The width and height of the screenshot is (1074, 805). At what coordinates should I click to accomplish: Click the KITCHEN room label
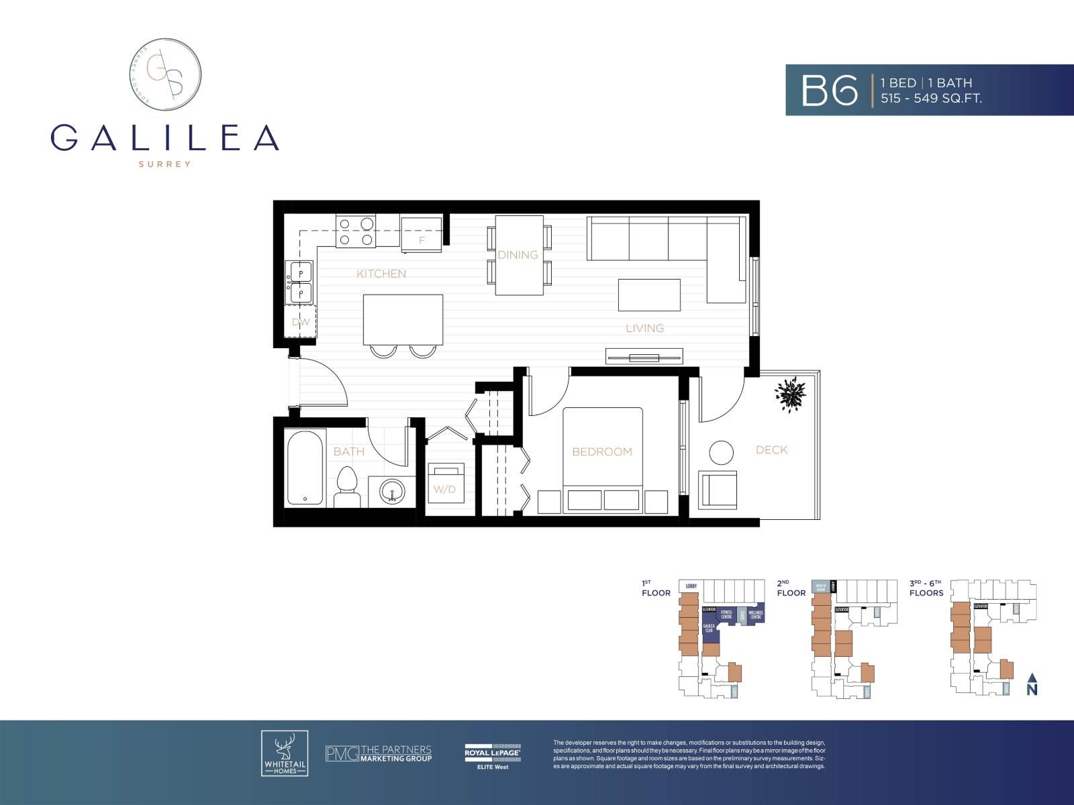coord(381,274)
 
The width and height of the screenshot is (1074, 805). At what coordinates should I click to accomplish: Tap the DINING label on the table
coord(518,255)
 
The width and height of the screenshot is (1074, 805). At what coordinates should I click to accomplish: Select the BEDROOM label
coord(601,451)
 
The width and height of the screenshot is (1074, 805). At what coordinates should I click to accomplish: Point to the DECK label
coord(771,450)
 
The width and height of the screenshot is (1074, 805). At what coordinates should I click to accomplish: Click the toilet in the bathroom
coord(346,486)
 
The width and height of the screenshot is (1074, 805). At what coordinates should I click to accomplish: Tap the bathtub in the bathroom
coord(306,468)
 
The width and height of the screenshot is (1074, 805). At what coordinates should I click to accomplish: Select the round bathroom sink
coord(392,491)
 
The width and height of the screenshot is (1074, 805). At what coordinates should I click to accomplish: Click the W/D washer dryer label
coord(444,489)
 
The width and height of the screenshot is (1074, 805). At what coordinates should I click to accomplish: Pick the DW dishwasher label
coord(301,322)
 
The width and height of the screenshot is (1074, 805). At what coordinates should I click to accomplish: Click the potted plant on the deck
coord(789,394)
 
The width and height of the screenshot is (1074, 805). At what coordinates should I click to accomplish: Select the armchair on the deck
coord(718,489)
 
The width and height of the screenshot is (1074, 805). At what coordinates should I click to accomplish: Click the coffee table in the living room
coord(649,295)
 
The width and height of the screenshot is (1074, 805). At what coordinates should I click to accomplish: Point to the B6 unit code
coord(830,91)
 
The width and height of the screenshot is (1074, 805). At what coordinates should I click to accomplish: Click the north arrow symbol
coord(1032,684)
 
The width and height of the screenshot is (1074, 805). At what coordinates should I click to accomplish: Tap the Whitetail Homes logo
coord(285,753)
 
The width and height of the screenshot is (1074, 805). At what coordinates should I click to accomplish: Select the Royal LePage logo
coord(492,755)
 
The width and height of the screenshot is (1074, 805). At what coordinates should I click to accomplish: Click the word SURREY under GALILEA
coord(164,164)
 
